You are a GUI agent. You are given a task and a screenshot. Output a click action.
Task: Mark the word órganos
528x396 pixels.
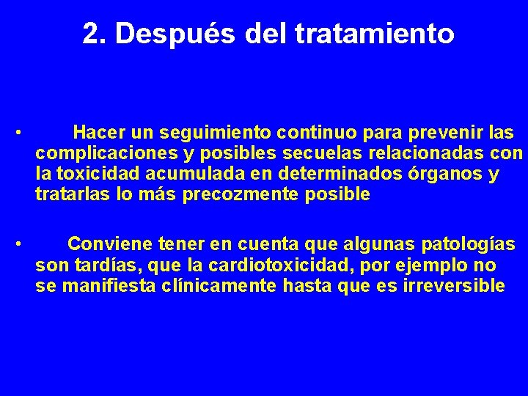click(x=442, y=175)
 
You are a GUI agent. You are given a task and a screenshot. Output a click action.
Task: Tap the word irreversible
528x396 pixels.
click(x=454, y=285)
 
